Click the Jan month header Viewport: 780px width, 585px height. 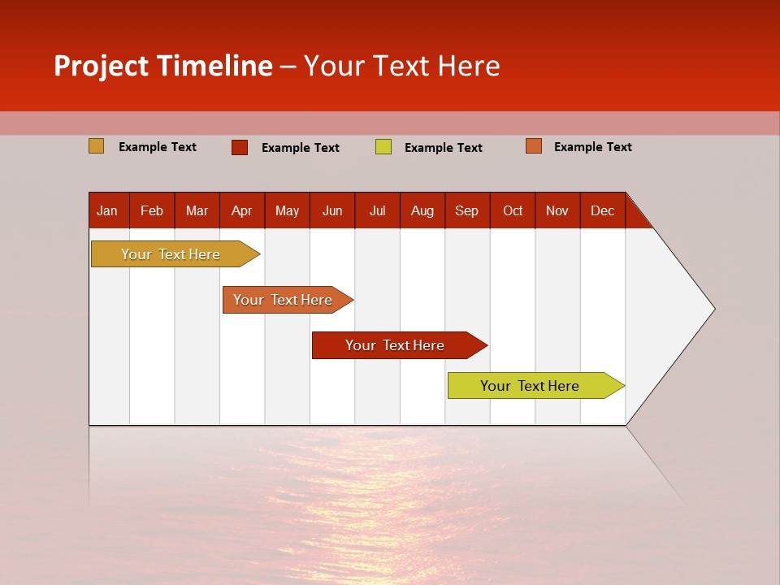pyautogui.click(x=108, y=210)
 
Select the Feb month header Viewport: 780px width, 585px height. pyautogui.click(x=152, y=210)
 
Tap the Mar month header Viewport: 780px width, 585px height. pyautogui.click(x=197, y=210)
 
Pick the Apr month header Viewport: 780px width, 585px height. pyautogui.click(x=242, y=210)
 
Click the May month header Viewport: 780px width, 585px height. pyautogui.click(x=287, y=210)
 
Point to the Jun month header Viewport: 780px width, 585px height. pyautogui.click(x=332, y=210)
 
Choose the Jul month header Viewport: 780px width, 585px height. pyautogui.click(x=377, y=210)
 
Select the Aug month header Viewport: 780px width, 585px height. pyautogui.click(x=422, y=210)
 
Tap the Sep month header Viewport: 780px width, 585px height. pyautogui.click(x=467, y=210)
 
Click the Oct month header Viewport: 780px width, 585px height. pyautogui.click(x=513, y=210)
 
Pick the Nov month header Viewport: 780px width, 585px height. pyautogui.click(x=557, y=210)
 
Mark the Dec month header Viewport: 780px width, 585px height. pyautogui.click(x=603, y=210)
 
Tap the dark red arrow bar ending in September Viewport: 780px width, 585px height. pyautogui.click(x=396, y=345)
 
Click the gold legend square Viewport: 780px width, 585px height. pyautogui.click(x=97, y=146)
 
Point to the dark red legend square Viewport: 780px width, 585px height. pyautogui.click(x=240, y=147)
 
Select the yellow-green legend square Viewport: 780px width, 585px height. pyautogui.click(x=383, y=147)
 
